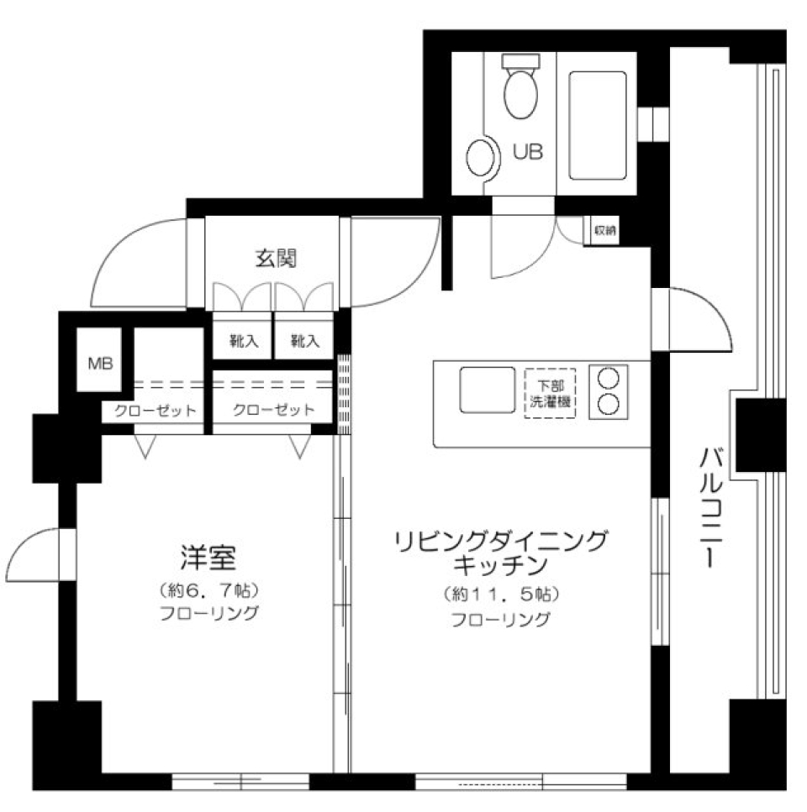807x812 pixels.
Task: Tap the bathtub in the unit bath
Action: pyautogui.click(x=598, y=125)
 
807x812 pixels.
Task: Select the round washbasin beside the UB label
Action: pyautogui.click(x=482, y=157)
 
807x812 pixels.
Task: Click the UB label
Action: pyautogui.click(x=528, y=152)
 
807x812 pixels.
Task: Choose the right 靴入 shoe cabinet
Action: pyautogui.click(x=304, y=341)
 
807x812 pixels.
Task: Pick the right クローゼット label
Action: pyautogui.click(x=273, y=411)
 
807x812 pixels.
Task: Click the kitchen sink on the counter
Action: pyautogui.click(x=487, y=390)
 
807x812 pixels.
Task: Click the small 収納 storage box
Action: pyautogui.click(x=604, y=230)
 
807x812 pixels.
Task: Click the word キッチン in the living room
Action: pyautogui.click(x=500, y=563)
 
